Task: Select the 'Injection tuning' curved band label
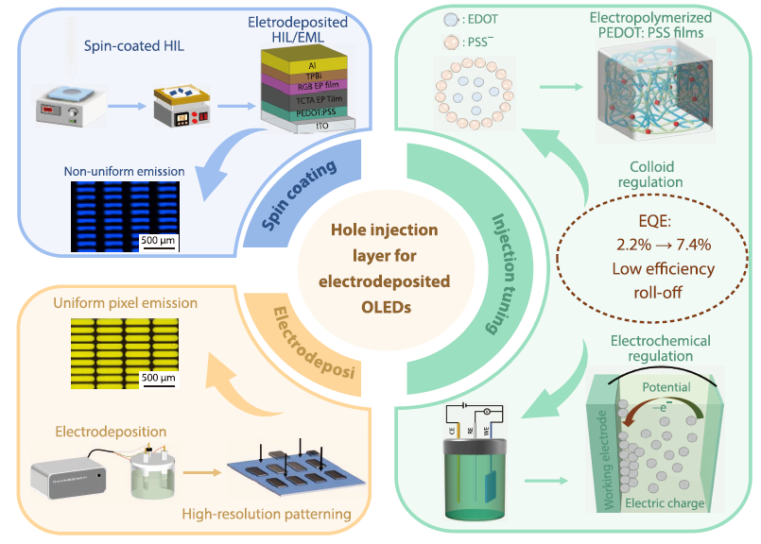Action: pos(508,273)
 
